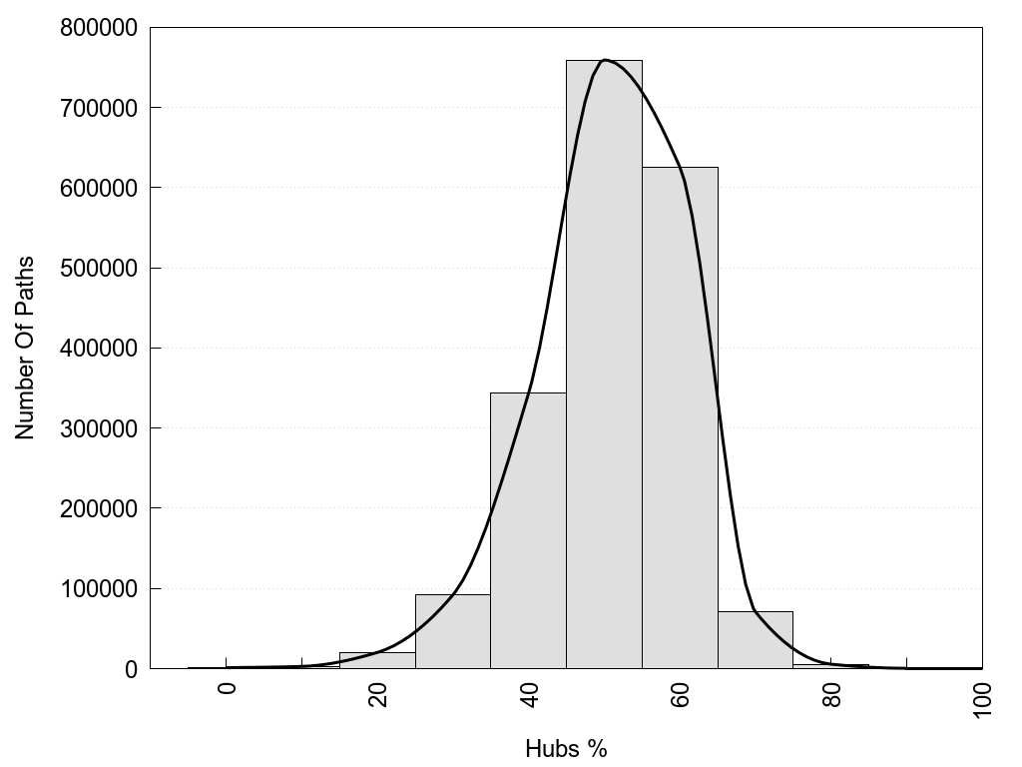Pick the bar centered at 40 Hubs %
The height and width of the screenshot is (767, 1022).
pyautogui.click(x=528, y=530)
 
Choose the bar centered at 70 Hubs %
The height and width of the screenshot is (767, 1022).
pyautogui.click(x=755, y=640)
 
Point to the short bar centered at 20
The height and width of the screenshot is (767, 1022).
pyautogui.click(x=377, y=660)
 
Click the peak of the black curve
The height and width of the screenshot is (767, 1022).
pyautogui.click(x=605, y=60)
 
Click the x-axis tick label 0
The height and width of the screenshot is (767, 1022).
pyautogui.click(x=227, y=690)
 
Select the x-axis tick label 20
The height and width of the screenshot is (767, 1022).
pyautogui.click(x=378, y=696)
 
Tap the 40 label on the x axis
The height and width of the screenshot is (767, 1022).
pyautogui.click(x=529, y=696)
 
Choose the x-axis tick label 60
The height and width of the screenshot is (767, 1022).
pyautogui.click(x=681, y=696)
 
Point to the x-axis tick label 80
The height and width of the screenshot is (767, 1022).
pyautogui.click(x=831, y=696)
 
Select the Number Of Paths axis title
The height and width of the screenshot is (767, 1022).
pyautogui.click(x=25, y=348)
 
